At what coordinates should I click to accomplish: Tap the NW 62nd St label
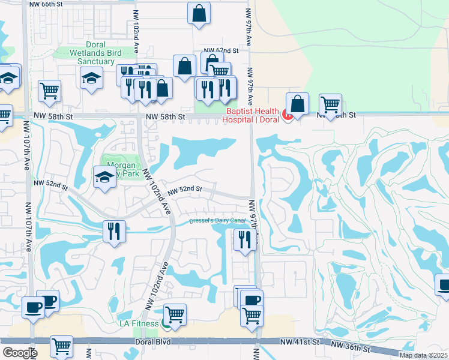click(221, 51)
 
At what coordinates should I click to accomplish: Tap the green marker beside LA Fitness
click(166, 324)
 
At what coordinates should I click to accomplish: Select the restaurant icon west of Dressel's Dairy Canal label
click(113, 231)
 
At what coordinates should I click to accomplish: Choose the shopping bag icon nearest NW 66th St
click(199, 13)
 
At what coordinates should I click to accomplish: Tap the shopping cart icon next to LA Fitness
click(175, 314)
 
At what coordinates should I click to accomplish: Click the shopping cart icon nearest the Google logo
click(61, 346)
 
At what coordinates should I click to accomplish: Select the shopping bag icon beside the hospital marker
click(297, 103)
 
